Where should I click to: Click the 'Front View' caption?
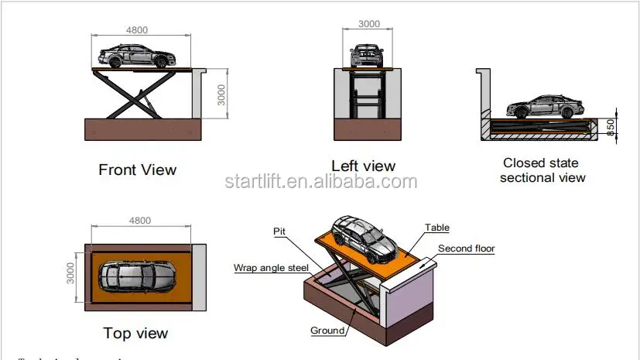pyautogui.click(x=137, y=170)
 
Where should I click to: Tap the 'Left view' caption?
pyautogui.click(x=363, y=166)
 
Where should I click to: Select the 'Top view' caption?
pyautogui.click(x=135, y=334)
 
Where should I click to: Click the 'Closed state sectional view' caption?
pyautogui.click(x=542, y=170)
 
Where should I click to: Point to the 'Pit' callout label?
pyautogui.click(x=279, y=231)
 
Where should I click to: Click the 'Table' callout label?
pyautogui.click(x=436, y=228)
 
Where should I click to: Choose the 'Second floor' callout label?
pyautogui.click(x=466, y=249)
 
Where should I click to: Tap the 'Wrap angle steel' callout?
pyautogui.click(x=271, y=268)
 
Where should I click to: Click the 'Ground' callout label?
pyautogui.click(x=327, y=331)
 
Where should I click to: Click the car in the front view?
pyautogui.click(x=136, y=56)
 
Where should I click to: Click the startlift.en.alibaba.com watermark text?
pyautogui.click(x=320, y=182)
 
